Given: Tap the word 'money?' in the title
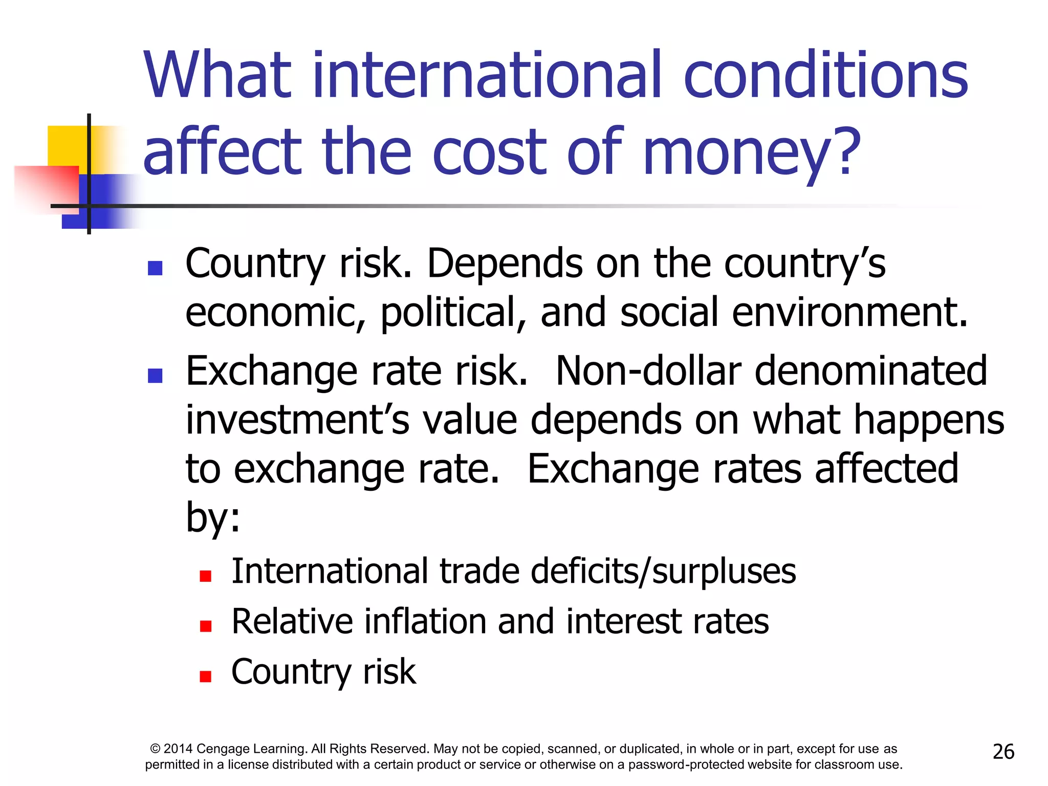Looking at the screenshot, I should point(751,152).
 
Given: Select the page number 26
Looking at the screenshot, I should point(1003,752).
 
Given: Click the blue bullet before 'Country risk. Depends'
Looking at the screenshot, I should point(155,268).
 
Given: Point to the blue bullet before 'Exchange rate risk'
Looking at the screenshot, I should point(155,376).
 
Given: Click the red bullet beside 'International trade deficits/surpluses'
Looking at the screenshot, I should point(206,577).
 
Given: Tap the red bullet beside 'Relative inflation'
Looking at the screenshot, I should point(206,626).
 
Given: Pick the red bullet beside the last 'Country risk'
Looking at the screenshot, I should point(206,676).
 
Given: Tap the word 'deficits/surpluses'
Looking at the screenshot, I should point(663,571).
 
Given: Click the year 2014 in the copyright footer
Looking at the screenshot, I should point(178,749).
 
